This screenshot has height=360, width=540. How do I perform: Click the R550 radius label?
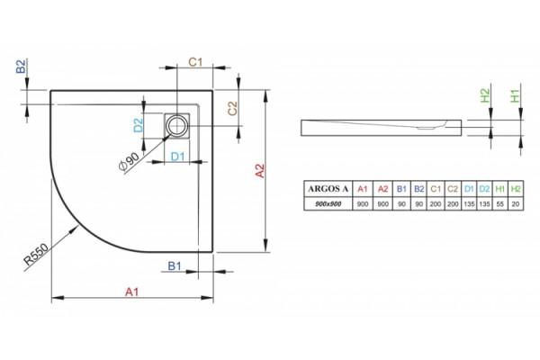click(x=37, y=254)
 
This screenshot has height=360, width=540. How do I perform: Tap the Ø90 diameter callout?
click(x=129, y=161)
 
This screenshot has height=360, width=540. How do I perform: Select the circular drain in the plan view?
click(x=176, y=125)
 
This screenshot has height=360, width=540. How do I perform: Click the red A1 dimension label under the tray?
click(x=132, y=292)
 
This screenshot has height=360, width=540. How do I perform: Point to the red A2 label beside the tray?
click(x=260, y=171)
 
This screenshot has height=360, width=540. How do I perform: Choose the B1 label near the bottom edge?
click(x=175, y=266)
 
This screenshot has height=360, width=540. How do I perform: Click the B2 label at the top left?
click(x=22, y=66)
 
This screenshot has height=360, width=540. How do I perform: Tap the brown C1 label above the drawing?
click(x=195, y=62)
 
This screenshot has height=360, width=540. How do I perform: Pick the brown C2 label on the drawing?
click(x=233, y=109)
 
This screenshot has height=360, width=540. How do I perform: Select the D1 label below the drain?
click(x=178, y=157)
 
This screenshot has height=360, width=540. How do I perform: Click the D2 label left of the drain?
click(x=139, y=125)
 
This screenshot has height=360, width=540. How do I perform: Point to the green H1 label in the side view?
click(x=515, y=95)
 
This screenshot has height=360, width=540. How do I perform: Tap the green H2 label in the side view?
click(x=485, y=95)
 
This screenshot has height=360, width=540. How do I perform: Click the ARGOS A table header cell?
click(x=328, y=189)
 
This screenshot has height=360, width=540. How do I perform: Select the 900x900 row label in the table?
click(x=328, y=204)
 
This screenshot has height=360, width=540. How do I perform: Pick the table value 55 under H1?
click(x=500, y=204)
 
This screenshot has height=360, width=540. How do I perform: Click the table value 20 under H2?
click(x=516, y=204)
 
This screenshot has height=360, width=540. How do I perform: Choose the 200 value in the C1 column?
click(x=436, y=204)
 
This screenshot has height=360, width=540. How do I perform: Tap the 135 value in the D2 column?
click(x=484, y=204)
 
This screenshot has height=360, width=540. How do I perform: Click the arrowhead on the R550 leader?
click(x=75, y=229)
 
